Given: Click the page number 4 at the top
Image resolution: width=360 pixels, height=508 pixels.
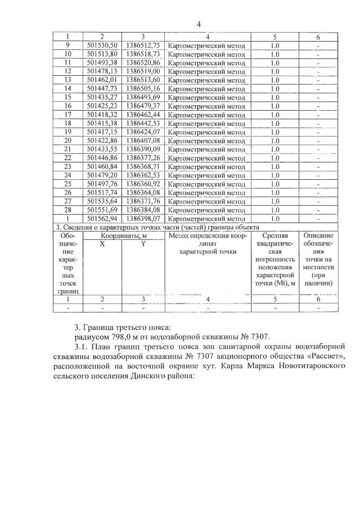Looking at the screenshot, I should [x=199, y=24].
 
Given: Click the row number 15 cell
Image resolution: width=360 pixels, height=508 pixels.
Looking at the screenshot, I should [x=67, y=97].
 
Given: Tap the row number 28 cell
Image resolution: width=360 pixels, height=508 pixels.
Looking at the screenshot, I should [x=67, y=209].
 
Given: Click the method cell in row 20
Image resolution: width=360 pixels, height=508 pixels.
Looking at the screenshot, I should [x=207, y=140].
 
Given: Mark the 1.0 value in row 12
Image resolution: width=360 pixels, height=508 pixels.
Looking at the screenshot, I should [x=274, y=71].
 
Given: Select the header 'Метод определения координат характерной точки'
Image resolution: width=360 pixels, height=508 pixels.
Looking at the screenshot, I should [x=207, y=243].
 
